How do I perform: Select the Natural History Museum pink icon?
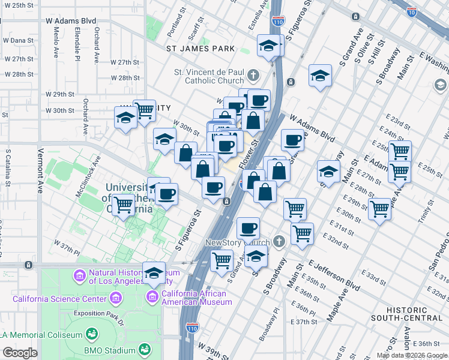78,276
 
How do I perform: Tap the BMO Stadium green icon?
144,349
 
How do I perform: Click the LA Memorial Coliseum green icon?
92,333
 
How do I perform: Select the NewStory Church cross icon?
278,241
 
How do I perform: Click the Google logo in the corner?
20,353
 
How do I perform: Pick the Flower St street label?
247,154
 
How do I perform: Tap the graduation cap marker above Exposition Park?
154,272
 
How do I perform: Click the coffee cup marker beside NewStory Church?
248,227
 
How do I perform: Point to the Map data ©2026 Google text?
412,355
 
